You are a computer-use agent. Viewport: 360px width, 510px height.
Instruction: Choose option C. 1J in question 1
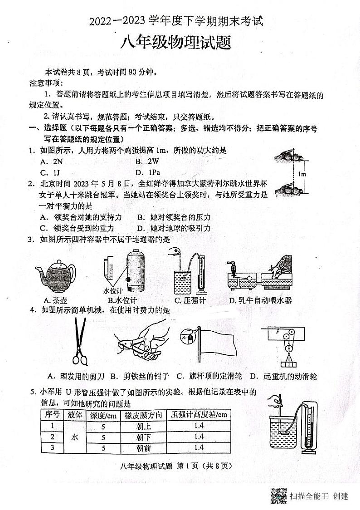tap(50, 172)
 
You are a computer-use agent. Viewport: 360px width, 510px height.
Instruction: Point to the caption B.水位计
tap(122, 300)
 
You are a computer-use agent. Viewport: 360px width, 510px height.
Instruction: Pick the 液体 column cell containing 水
tap(75, 436)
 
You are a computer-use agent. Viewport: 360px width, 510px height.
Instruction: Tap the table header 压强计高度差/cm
tap(198, 415)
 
